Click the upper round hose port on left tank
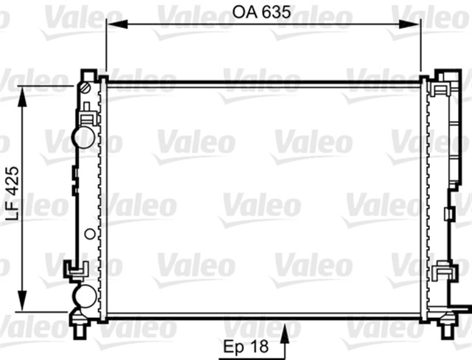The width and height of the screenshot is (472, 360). [x=83, y=136]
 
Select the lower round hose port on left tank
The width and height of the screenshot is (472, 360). [x=83, y=296]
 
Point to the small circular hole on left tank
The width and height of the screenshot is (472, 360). [x=89, y=235]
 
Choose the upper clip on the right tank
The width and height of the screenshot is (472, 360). [x=442, y=91]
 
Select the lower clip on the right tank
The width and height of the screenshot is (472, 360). [x=443, y=271]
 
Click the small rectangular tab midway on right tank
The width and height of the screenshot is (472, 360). [x=448, y=214]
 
